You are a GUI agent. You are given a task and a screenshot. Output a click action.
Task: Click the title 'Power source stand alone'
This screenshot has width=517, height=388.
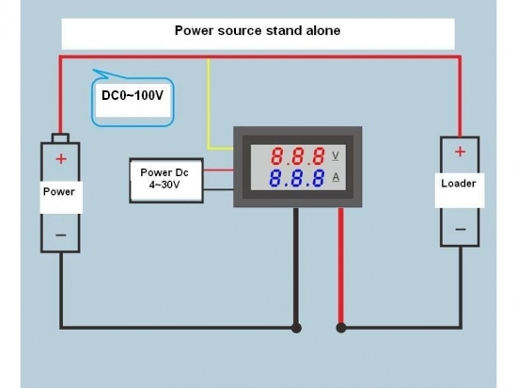258,30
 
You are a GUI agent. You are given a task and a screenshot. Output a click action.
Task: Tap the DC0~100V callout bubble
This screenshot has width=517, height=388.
133,99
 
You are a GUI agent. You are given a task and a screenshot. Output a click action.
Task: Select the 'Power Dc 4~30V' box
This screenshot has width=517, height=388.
166,180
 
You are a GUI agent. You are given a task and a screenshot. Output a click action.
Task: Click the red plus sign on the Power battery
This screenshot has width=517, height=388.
61,159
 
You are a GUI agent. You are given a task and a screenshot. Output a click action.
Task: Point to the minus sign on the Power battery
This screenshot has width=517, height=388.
61,235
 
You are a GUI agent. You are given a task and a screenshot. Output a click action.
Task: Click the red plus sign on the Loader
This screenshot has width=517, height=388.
460,152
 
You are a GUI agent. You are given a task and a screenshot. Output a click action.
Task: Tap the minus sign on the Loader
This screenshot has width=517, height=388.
461,229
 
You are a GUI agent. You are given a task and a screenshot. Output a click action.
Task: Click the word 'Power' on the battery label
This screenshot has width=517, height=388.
59,191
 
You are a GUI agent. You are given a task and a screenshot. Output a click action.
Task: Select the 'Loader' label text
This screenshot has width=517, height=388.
459,184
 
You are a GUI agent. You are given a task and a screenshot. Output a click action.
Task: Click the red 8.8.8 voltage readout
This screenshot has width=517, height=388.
297,156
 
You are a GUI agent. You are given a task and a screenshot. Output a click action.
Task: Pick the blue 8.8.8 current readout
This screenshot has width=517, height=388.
296,178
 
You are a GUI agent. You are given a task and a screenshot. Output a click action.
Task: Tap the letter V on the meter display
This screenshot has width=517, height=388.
336,156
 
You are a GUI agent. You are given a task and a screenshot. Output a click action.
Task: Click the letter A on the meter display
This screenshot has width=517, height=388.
336,178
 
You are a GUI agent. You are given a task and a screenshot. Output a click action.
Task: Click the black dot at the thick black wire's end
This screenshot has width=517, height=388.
296,328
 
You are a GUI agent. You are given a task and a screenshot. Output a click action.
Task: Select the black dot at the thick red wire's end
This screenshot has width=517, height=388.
341,328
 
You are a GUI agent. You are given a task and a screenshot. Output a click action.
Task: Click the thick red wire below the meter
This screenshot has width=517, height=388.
341,266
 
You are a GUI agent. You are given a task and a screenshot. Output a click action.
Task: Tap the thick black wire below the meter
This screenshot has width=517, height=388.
296,266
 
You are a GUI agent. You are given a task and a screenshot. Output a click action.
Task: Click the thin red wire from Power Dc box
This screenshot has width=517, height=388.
218,170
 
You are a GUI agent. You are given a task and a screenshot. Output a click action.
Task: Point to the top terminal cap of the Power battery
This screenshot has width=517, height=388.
60,138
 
